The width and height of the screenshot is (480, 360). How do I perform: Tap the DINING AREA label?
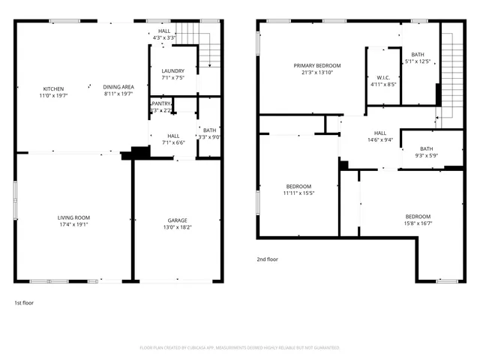(x=118, y=87)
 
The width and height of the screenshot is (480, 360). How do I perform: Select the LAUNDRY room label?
(x=172, y=70)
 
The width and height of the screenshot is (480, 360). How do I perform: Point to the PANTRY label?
(x=162, y=103)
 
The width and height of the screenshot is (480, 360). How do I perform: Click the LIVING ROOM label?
(x=74, y=217)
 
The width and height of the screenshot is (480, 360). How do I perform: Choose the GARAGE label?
(x=177, y=220)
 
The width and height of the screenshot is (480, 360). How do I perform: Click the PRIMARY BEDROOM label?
(x=316, y=66)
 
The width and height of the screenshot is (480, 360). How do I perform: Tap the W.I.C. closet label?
(x=382, y=77)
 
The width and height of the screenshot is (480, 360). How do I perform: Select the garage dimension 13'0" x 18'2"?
(x=177, y=227)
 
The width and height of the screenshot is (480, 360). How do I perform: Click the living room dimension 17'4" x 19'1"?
(x=74, y=225)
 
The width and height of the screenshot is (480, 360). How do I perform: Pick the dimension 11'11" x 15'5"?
(x=298, y=193)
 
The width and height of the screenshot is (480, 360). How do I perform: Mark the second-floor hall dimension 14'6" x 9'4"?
(x=380, y=139)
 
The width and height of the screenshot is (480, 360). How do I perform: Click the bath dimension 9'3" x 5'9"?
(x=426, y=155)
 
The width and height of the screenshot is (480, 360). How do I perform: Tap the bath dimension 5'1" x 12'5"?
(x=418, y=61)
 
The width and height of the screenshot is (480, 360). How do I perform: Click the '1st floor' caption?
(x=24, y=303)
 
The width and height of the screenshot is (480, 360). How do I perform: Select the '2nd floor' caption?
(x=267, y=259)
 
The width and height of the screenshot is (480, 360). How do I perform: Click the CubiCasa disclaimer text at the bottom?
(x=240, y=348)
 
